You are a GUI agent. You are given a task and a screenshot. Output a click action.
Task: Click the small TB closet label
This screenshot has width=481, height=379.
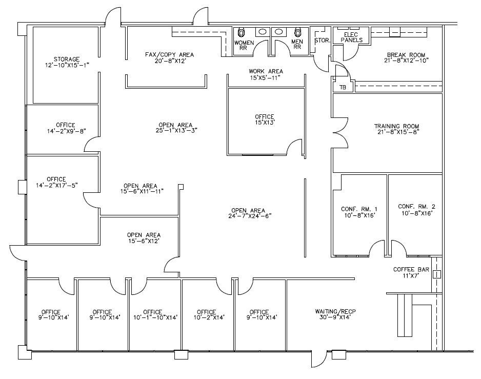[343, 88]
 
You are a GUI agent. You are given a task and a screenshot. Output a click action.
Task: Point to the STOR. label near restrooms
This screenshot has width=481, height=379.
[321, 39]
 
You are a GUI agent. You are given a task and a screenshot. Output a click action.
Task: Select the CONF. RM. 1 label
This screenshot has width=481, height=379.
[359, 209]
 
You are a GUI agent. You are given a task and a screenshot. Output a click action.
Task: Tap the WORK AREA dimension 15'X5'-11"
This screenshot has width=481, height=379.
[266, 77]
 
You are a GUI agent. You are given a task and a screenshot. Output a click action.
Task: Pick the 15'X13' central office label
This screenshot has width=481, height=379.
[265, 123]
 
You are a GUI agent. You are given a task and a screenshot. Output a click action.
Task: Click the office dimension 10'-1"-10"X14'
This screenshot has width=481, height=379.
[152, 318]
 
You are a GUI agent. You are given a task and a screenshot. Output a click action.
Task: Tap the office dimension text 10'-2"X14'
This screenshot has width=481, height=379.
[206, 318]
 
